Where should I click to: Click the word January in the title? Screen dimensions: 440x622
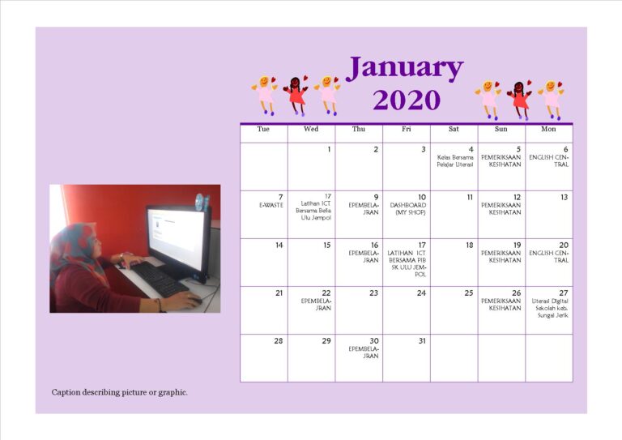pos(405,68)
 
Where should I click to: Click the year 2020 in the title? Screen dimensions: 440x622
pos(407,100)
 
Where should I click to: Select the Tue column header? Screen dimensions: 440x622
pos(263,130)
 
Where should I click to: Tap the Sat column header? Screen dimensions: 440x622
pos(454,130)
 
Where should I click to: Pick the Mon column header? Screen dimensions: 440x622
pos(549,130)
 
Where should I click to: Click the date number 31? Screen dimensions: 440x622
pos(421,341)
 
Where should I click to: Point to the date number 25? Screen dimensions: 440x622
pos(469,293)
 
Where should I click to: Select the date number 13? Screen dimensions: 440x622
pos(564,198)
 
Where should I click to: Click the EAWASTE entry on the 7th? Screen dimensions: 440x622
pos(271,206)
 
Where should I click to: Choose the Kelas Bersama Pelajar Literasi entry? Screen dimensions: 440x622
pos(455,160)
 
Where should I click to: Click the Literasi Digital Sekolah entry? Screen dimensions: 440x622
pos(551,308)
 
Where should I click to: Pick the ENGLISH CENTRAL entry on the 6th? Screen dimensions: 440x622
pos(549,160)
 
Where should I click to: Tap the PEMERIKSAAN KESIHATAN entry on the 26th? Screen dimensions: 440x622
pos(501,305)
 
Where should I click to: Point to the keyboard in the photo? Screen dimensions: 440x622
pos(159,280)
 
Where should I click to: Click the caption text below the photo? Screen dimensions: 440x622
pos(120,393)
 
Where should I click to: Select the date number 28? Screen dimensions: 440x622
pos(279,341)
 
